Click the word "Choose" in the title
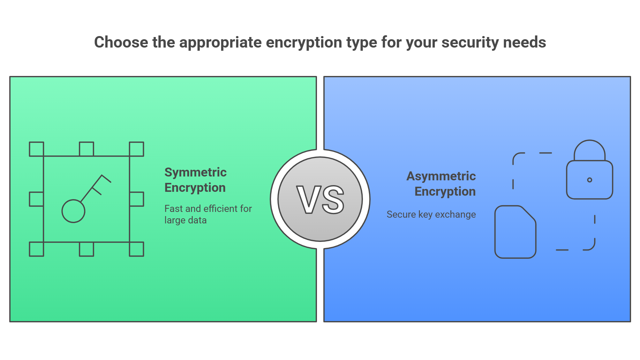[121, 42]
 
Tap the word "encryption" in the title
[304, 43]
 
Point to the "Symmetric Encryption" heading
[195, 180]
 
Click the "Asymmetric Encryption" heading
[441, 184]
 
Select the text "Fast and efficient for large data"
[208, 214]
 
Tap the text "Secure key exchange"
[431, 214]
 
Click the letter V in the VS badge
[308, 200]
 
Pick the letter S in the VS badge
[333, 200]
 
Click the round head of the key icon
[73, 211]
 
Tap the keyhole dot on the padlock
[590, 180]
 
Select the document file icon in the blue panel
[515, 232]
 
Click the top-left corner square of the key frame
[36, 149]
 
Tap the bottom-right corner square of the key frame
[137, 249]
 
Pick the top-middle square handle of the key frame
[87, 149]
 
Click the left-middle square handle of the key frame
[36, 199]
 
